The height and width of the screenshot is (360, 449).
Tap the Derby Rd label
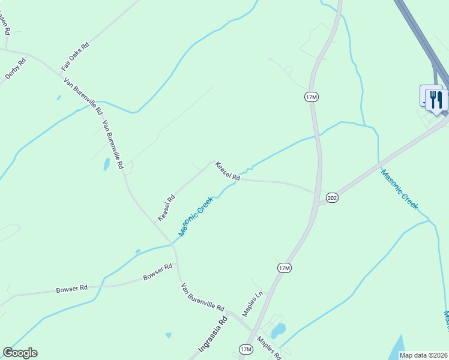[16, 68]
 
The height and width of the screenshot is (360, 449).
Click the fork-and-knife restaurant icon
[436, 99]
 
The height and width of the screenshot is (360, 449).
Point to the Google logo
[20, 353]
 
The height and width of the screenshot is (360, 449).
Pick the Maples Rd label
[270, 347]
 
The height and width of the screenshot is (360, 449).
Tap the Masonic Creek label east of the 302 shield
[400, 188]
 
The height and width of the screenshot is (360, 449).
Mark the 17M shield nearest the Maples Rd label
[246, 349]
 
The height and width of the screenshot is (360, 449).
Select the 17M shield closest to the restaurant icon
[310, 97]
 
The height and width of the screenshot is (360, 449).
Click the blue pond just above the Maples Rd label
[278, 331]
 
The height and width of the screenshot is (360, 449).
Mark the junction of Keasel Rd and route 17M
[317, 193]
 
